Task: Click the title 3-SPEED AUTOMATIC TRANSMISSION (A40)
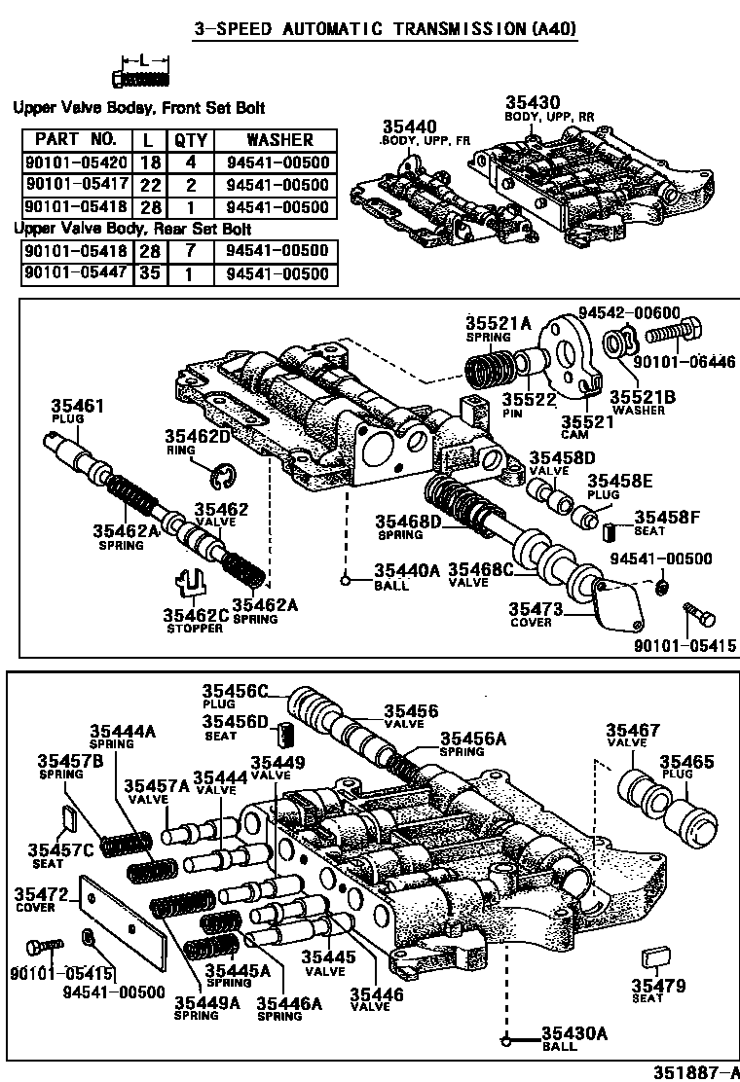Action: pyautogui.click(x=371, y=29)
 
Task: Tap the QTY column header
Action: pyautogui.click(x=190, y=140)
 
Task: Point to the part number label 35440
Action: pyautogui.click(x=409, y=127)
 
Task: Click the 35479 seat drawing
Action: pyautogui.click(x=653, y=959)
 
